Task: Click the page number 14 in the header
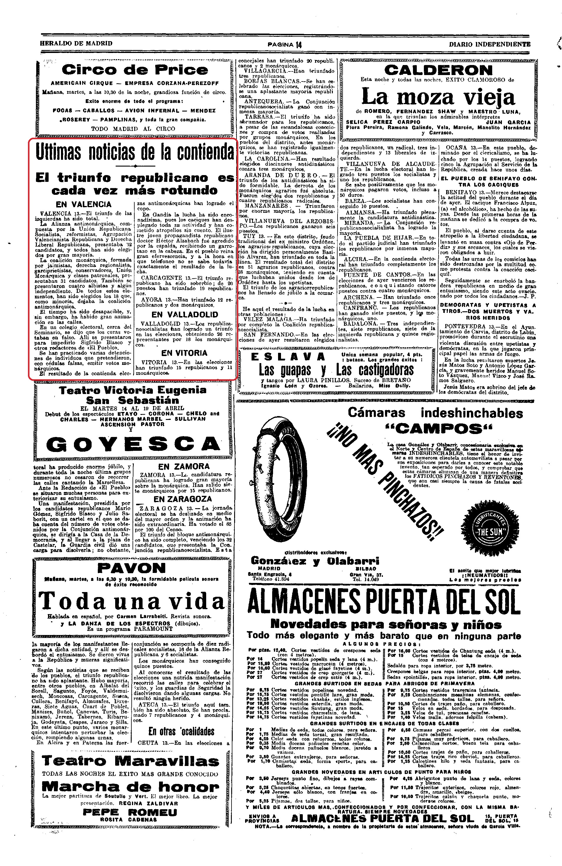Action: point(299,44)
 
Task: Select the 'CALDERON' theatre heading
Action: point(438,70)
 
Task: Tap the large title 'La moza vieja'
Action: point(438,97)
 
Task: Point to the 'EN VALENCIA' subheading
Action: point(83,205)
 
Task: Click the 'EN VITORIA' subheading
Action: point(184,353)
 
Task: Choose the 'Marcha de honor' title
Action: point(130,786)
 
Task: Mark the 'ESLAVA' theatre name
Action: point(288,357)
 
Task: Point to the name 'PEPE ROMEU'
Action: point(130,812)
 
